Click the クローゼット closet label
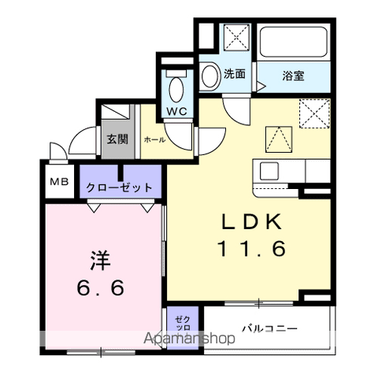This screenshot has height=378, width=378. pyautogui.click(x=120, y=188)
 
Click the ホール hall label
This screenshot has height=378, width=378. pyautogui.click(x=154, y=139)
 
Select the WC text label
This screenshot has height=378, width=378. pyautogui.click(x=176, y=110)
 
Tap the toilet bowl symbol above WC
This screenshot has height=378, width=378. pyautogui.click(x=176, y=85)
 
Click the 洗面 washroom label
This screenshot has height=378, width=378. pyautogui.click(x=235, y=74)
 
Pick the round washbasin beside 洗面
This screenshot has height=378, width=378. pyautogui.click(x=210, y=76)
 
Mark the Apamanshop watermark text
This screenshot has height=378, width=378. pyautogui.click(x=188, y=339)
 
